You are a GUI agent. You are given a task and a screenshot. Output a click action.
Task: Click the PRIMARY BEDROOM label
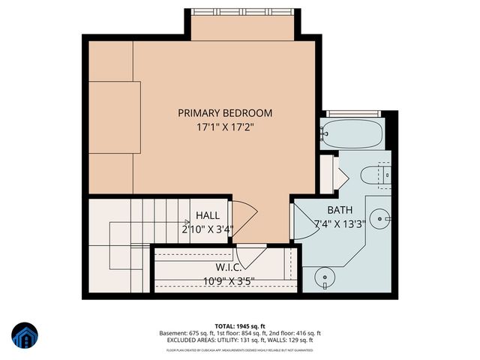(x=224, y=112)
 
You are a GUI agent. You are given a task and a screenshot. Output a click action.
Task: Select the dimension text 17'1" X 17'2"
(x=224, y=127)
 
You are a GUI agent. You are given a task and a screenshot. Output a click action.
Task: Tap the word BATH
(x=338, y=209)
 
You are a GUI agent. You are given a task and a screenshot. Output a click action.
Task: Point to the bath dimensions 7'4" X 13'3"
(x=338, y=223)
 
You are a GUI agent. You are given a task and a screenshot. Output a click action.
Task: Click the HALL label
(x=208, y=215)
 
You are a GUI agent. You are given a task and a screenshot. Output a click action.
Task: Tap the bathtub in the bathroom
(x=352, y=134)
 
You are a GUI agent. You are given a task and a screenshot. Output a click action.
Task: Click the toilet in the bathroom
(x=374, y=175)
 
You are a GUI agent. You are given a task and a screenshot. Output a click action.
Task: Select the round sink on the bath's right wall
(x=383, y=219)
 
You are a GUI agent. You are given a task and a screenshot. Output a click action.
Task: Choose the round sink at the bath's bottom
(x=325, y=277)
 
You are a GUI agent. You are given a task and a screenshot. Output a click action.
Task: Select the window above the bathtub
(x=352, y=113)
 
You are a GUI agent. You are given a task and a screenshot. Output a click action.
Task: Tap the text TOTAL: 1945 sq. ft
(x=240, y=325)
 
